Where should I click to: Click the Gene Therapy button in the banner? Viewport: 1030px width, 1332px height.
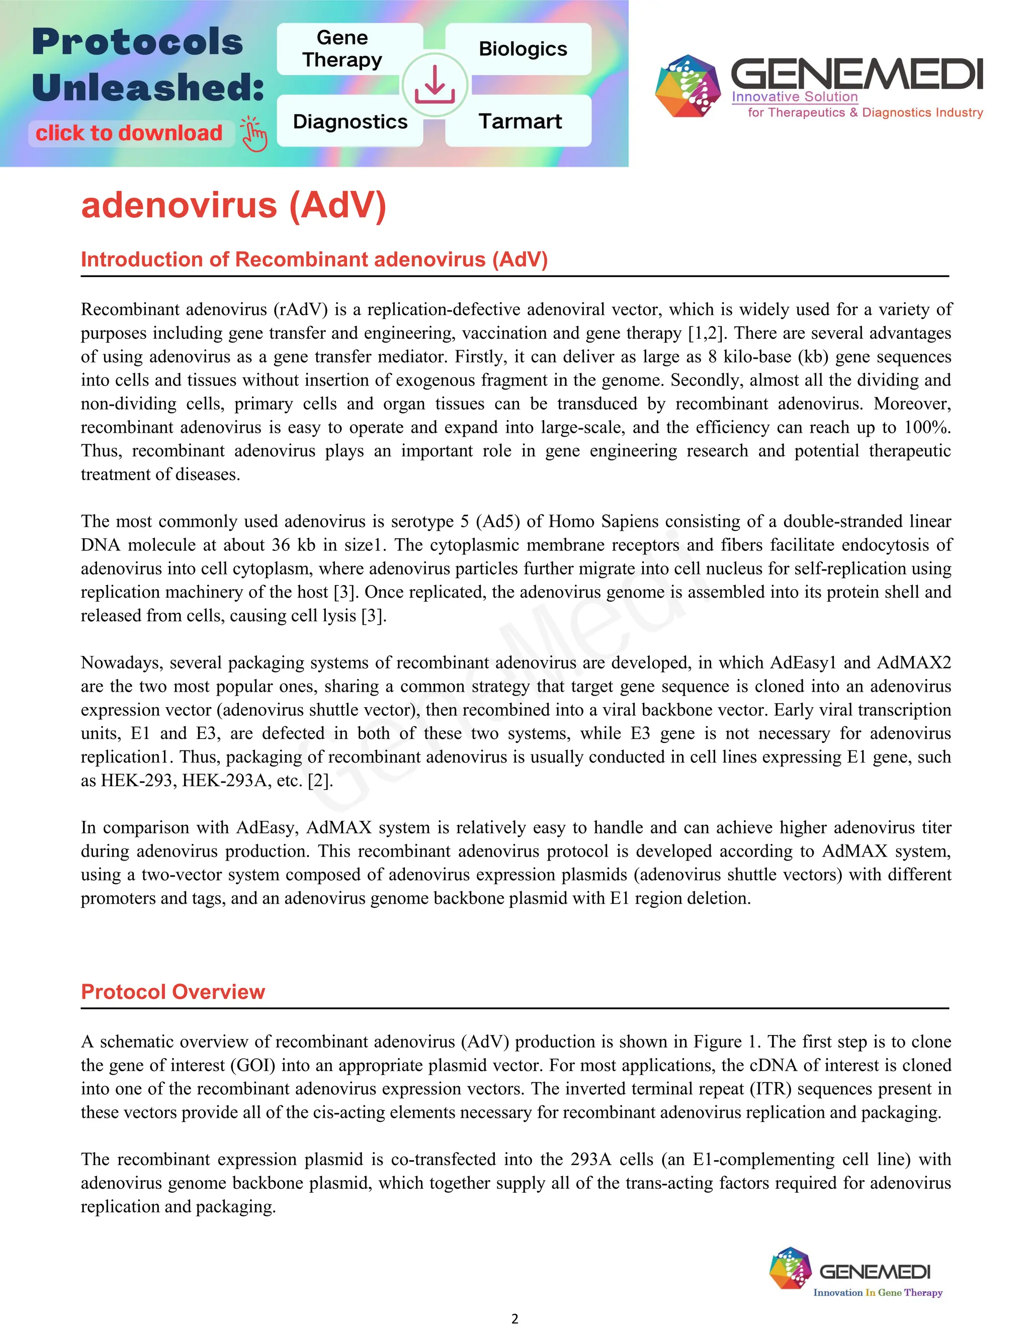click(342, 49)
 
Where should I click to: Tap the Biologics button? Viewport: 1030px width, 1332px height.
click(523, 49)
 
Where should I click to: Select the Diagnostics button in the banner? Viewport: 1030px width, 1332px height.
click(350, 121)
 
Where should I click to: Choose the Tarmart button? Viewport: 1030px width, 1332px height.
click(520, 121)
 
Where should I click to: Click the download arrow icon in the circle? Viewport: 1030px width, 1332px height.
click(435, 85)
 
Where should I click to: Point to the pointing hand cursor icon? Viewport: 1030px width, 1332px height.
click(254, 134)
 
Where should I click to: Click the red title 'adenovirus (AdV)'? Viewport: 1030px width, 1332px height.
click(234, 205)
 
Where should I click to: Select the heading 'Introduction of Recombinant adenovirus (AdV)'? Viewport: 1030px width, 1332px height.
click(314, 260)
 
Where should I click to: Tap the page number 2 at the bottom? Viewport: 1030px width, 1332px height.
click(514, 1318)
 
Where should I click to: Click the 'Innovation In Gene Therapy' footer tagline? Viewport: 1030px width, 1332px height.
click(878, 1292)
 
